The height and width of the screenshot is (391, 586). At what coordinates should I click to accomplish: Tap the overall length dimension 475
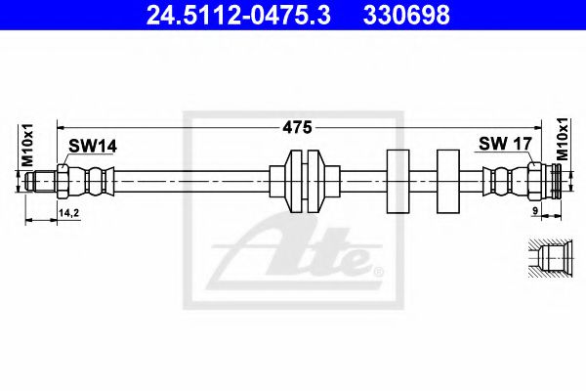click(297, 126)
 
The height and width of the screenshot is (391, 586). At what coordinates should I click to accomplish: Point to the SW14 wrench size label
click(92, 146)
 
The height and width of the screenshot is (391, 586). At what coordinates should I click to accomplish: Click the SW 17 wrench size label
click(504, 145)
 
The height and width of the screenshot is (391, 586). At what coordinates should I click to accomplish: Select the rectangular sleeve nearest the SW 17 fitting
click(449, 181)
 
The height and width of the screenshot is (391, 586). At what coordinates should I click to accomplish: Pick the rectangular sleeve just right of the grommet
click(399, 181)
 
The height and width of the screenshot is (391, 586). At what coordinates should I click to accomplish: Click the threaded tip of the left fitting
click(40, 181)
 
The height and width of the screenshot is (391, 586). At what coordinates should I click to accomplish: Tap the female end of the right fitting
click(554, 181)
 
